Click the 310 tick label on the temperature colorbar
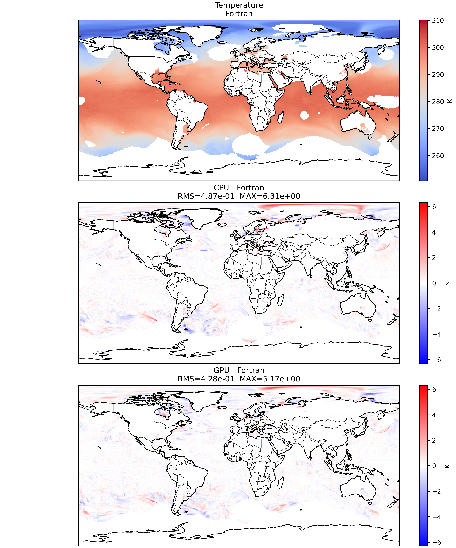coord(438,20)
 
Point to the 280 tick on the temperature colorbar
coord(438,102)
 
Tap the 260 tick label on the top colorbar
coord(438,156)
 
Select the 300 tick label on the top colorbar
coord(438,47)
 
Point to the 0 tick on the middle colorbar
coord(434,283)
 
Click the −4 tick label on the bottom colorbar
coord(436,517)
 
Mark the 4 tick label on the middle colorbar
coord(434,232)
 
